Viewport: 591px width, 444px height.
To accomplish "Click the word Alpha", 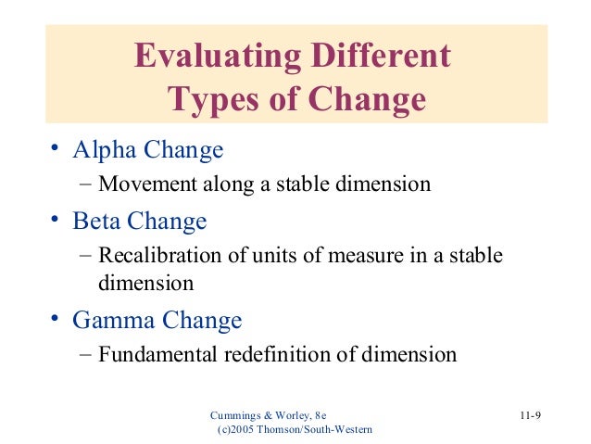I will [x=105, y=149].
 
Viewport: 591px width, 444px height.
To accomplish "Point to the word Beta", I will [x=99, y=222].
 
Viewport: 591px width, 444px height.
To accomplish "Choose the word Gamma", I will [x=113, y=321].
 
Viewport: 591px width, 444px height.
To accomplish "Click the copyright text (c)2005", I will [x=237, y=429].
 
